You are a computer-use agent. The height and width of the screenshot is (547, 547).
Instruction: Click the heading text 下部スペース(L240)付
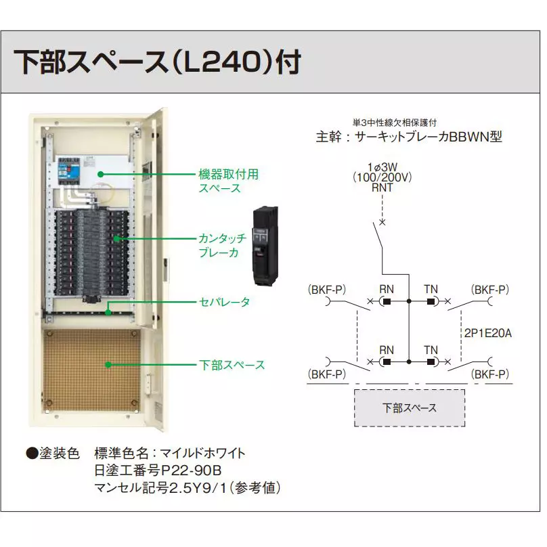[x=157, y=62]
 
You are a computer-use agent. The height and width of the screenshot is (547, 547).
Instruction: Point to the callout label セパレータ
[x=224, y=301]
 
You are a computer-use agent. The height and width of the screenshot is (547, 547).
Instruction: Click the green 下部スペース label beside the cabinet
[x=232, y=365]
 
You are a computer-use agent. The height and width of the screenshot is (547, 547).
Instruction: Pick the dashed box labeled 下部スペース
[x=410, y=408]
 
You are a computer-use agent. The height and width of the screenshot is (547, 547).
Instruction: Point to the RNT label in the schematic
[x=382, y=188]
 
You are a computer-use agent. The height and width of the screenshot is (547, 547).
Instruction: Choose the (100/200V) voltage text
[x=382, y=177]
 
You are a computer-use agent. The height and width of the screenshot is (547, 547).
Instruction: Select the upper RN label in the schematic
[x=387, y=289]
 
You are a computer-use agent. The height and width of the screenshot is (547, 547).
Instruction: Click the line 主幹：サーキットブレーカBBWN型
[x=410, y=136]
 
